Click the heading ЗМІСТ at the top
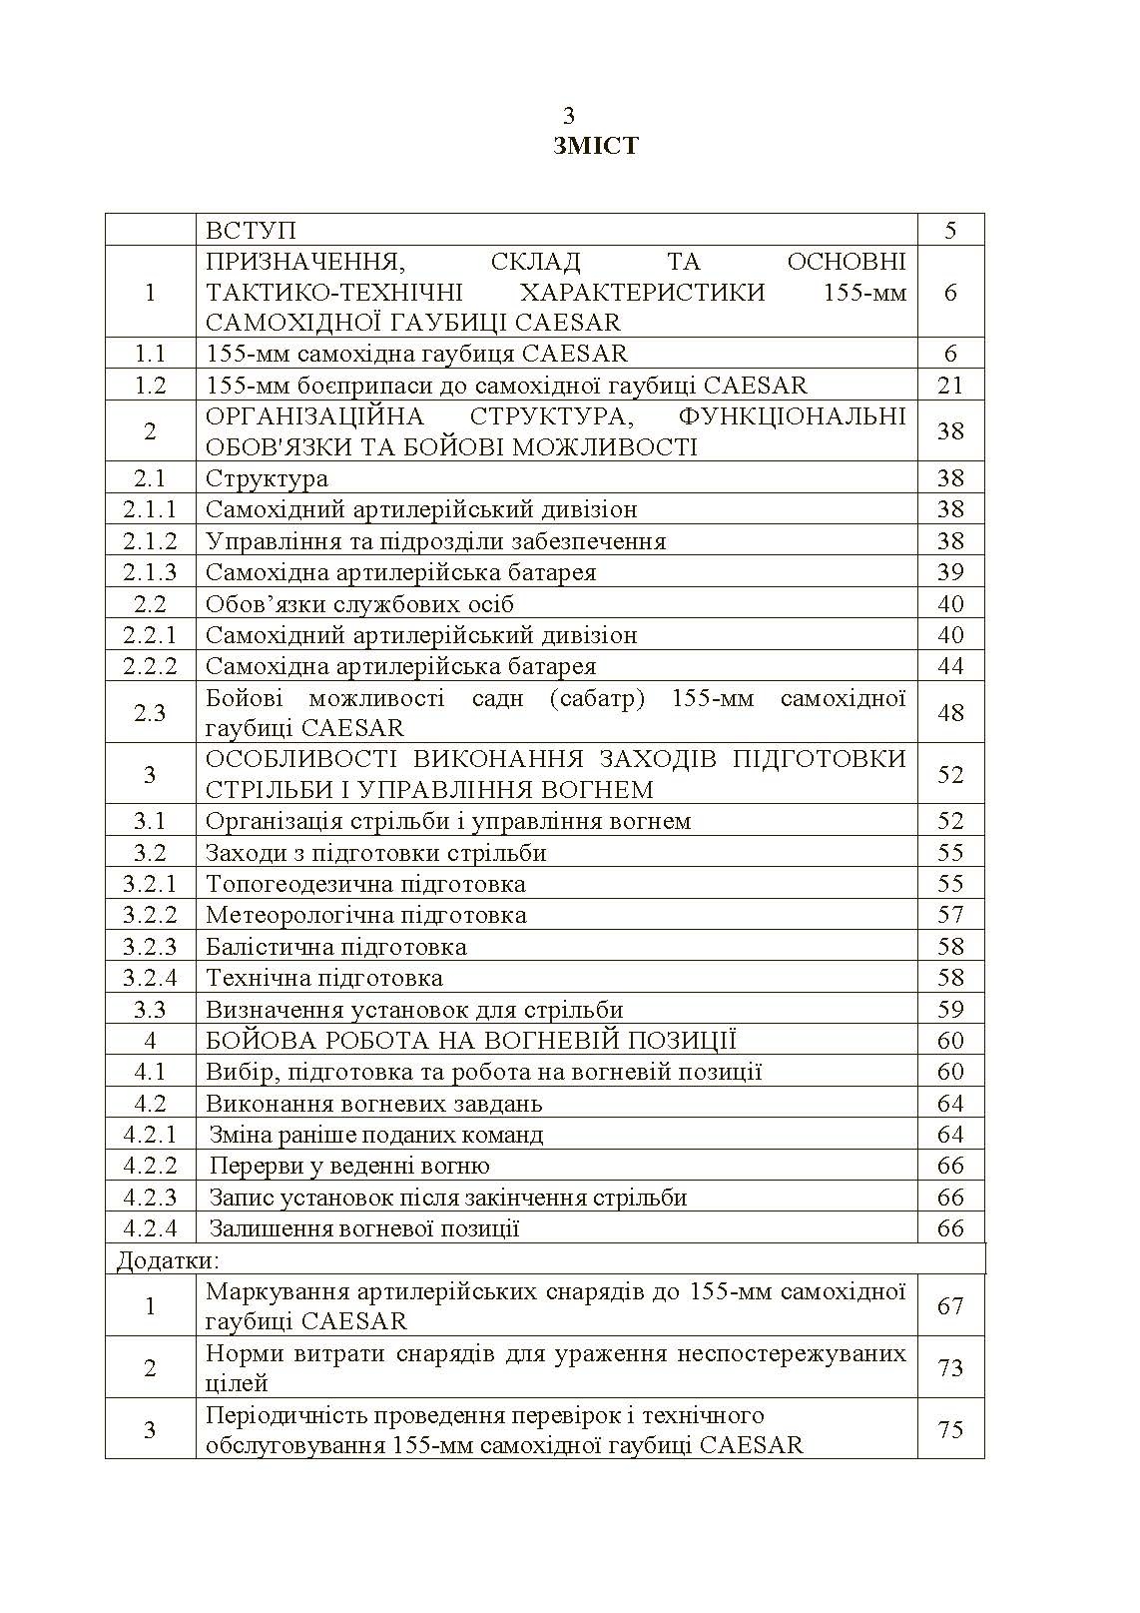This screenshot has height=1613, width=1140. pos(595,146)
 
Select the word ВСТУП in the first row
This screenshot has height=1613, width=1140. pos(251,230)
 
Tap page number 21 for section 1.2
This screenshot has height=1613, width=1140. pos(950,386)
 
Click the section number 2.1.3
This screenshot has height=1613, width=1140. pos(150,572)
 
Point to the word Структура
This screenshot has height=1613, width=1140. pos(267,478)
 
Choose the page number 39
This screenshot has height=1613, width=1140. pos(950,572)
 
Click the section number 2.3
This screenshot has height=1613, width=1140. pos(150,712)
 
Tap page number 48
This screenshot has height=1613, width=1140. pos(950,712)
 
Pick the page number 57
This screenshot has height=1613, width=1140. pos(950,915)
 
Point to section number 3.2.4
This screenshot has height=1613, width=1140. pos(150,978)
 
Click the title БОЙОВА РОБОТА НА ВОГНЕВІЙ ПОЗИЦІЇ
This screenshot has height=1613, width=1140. pos(470,1041)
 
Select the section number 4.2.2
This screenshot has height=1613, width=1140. pos(150,1166)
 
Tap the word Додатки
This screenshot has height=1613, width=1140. pos(167,1259)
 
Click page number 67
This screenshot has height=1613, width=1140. pos(950,1305)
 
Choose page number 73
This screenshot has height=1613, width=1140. pos(950,1367)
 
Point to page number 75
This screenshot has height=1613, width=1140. pos(950,1429)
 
